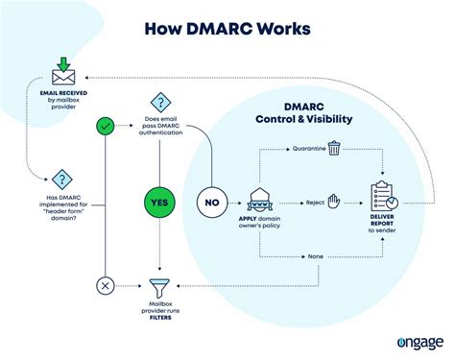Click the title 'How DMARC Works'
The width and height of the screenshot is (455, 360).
tap(227, 26)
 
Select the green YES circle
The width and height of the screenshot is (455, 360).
tap(158, 203)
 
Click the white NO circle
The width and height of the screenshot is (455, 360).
tap(213, 203)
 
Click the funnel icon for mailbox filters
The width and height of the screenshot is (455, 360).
tap(158, 285)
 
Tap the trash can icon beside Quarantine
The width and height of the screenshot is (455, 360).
tap(333, 148)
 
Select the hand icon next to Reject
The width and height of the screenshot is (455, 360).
tap(333, 203)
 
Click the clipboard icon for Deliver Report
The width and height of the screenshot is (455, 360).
tap(384, 196)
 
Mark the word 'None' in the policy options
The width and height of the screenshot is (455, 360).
tap(315, 256)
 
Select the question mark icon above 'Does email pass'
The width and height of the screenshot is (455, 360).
tap(158, 102)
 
